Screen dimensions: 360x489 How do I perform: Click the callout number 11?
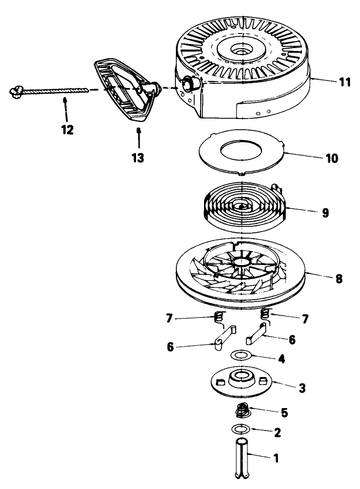345,82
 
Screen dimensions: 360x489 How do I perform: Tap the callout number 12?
67,129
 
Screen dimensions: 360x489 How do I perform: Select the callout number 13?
138,158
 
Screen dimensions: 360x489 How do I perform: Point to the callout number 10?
332,158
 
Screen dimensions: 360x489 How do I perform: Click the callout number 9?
325,213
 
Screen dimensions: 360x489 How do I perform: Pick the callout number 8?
338,279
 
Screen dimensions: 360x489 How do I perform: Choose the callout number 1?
276,458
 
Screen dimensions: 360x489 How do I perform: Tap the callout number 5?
284,412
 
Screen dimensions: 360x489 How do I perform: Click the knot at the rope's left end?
16,92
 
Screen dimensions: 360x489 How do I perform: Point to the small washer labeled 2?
241,429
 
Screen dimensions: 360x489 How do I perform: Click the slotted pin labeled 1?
242,457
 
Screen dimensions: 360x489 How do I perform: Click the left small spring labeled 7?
219,318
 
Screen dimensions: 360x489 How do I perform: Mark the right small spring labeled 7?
264,314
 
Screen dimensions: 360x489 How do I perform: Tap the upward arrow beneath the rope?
65,109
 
